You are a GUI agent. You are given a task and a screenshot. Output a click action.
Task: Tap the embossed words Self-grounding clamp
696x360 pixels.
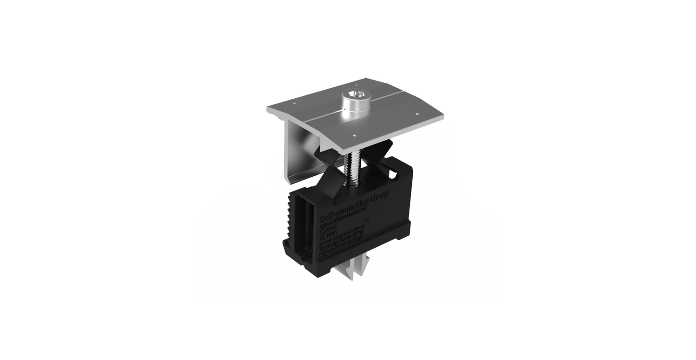click(x=357, y=205)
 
